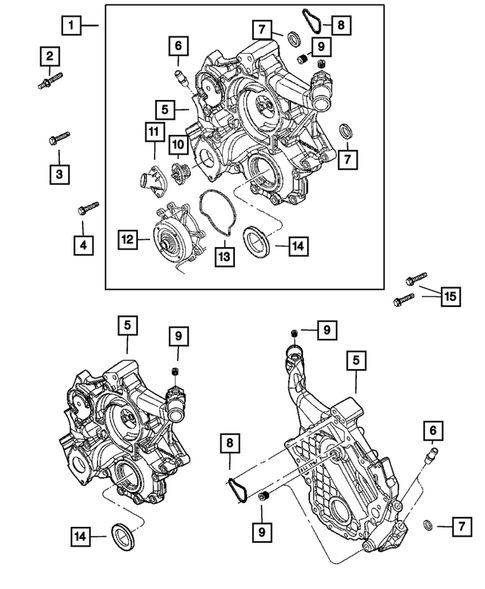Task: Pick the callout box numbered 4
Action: [x=84, y=241]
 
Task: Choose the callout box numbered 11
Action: [x=154, y=132]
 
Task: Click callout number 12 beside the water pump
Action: [x=128, y=240]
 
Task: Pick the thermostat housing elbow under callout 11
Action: [x=148, y=182]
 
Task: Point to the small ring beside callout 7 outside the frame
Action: [x=428, y=524]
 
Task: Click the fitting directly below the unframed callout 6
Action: [x=431, y=458]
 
